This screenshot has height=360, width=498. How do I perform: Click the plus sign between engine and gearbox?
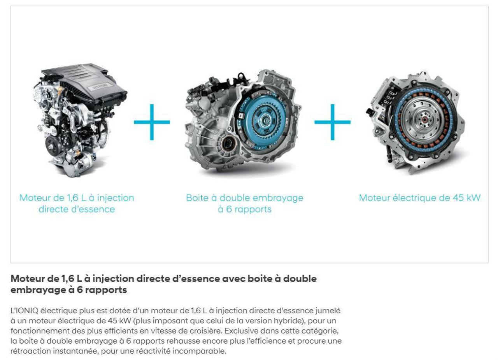(152, 122)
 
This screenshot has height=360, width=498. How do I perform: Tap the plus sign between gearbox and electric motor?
(332, 122)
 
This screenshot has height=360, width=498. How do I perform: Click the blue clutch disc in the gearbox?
(264, 120)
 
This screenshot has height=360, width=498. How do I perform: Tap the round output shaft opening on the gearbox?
(228, 144)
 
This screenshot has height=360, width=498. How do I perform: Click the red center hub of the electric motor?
(424, 120)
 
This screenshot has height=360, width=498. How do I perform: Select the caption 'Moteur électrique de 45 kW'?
(420, 197)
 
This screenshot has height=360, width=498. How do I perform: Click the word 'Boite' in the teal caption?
(197, 197)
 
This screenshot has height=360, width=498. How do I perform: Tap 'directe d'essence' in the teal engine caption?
(77, 209)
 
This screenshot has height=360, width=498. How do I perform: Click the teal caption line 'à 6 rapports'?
(245, 209)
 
